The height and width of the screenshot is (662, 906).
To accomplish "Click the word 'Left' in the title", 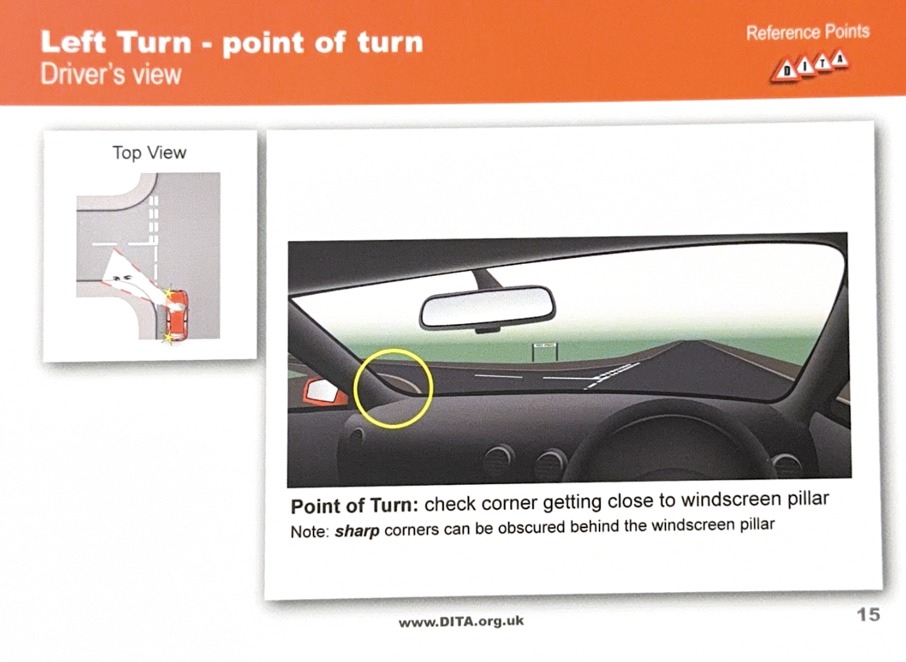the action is [x=74, y=42].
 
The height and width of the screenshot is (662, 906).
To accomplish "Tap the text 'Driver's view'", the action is [x=111, y=74].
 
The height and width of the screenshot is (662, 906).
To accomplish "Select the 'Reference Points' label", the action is [x=807, y=33].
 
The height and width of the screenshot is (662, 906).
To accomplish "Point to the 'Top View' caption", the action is [x=149, y=153].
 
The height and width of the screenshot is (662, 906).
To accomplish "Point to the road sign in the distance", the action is [x=544, y=351].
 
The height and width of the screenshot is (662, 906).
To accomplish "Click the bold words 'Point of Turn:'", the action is [x=354, y=506].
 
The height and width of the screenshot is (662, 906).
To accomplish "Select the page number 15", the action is [x=868, y=615].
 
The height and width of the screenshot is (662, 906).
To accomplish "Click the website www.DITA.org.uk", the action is [x=461, y=622].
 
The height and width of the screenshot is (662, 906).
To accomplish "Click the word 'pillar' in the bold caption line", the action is [x=808, y=498].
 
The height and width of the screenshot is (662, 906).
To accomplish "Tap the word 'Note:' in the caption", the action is [x=310, y=531].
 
